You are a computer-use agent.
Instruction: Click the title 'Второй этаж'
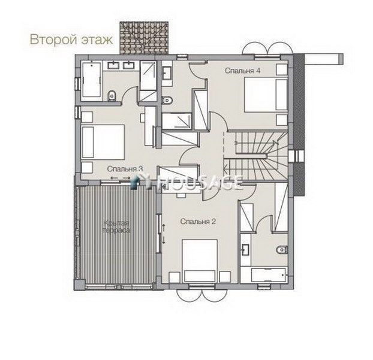[x=71, y=40]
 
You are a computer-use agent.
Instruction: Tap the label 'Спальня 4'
[x=242, y=71]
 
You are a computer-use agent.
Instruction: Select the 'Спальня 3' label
[x=125, y=169]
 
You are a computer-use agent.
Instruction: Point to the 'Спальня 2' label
[x=198, y=222]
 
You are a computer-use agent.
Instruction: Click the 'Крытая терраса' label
[x=116, y=226]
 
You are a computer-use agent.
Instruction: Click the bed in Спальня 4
[x=266, y=95]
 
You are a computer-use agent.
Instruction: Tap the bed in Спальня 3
[x=103, y=143]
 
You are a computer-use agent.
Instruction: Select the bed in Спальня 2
[x=200, y=261]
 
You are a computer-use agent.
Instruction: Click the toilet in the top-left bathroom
[x=112, y=96]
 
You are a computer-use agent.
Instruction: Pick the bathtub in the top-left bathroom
[x=92, y=80]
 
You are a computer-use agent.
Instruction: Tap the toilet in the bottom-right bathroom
[x=282, y=250]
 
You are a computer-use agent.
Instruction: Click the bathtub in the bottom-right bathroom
[x=268, y=276]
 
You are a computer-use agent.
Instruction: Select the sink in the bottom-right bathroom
[x=245, y=250]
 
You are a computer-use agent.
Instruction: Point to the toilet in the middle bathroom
[x=167, y=100]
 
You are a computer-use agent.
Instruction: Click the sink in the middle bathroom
[x=167, y=73]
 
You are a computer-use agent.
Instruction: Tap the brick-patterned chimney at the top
[x=144, y=38]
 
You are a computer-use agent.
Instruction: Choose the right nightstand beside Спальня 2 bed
[x=225, y=277]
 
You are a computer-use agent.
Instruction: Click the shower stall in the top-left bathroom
[x=148, y=81]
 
